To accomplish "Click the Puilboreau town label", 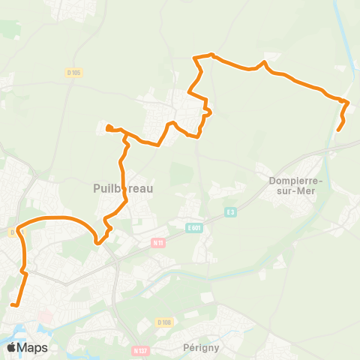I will [x=122, y=189].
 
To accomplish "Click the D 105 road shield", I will [x=73, y=72].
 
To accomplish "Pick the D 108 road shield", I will [x=164, y=322].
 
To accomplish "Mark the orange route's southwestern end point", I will [x=13, y=304].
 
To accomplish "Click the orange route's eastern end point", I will [x=338, y=130].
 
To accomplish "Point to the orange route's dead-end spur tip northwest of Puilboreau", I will [x=109, y=126].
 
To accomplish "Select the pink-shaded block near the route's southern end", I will [x=46, y=318].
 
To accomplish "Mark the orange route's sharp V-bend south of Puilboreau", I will [x=97, y=241].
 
